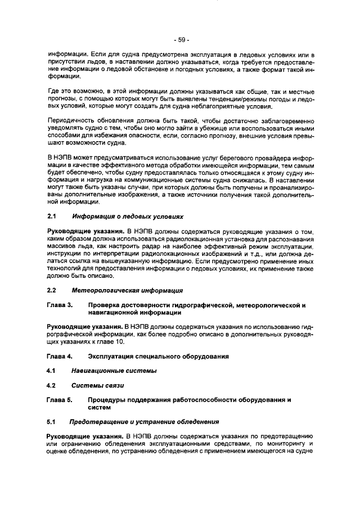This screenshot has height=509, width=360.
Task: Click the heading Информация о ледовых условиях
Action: pos(127,216)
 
